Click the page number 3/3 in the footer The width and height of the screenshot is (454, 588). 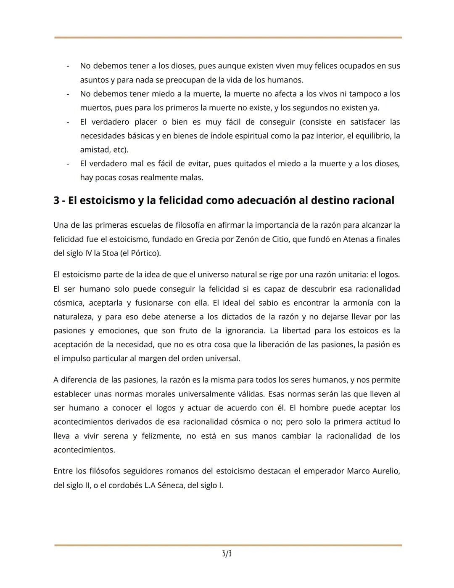[x=227, y=554]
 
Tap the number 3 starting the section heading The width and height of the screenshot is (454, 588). [x=56, y=200]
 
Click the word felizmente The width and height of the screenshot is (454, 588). [x=162, y=436]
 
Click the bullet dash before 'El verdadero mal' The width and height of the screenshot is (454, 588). [x=68, y=164]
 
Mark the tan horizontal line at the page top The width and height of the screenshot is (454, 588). [x=228, y=37]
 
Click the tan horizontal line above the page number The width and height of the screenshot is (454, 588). [x=228, y=545]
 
